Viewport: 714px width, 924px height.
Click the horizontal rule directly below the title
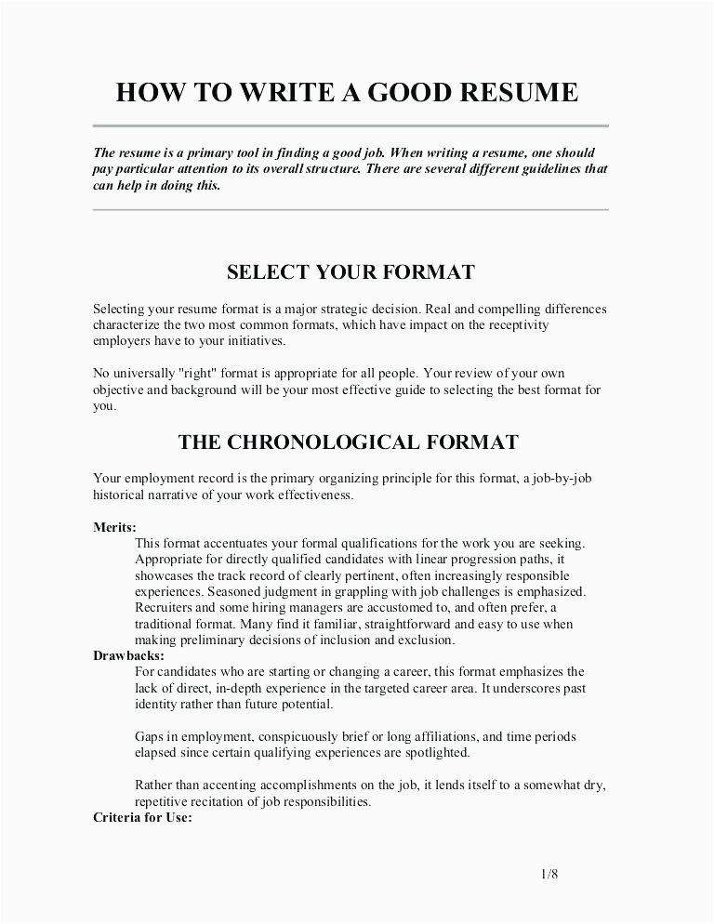point(350,125)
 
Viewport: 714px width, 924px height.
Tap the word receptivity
point(512,325)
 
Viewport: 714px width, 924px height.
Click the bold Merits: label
point(114,527)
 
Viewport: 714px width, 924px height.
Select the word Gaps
point(150,736)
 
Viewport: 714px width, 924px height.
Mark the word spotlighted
point(437,753)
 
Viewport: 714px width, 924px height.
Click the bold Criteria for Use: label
point(142,818)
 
